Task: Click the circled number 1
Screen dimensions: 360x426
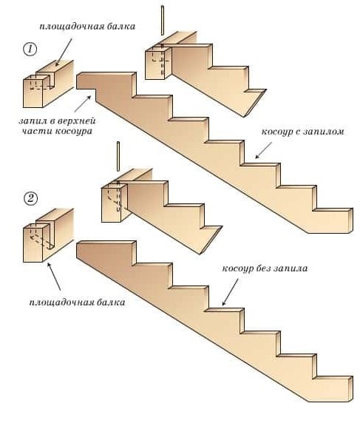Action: [x=30, y=50]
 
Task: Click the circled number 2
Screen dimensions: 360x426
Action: [x=30, y=199]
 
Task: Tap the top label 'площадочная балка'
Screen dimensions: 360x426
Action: [x=87, y=27]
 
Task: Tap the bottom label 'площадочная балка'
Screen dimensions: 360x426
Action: [x=77, y=302]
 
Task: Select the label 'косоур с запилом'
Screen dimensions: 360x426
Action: [x=303, y=132]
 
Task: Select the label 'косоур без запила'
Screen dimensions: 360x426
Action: [x=265, y=268]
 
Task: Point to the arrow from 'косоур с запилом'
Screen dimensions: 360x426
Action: [x=263, y=150]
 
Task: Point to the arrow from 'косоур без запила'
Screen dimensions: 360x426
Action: [x=230, y=292]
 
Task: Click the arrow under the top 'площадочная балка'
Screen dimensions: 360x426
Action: [x=64, y=52]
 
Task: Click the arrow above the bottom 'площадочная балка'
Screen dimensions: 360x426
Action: [x=54, y=277]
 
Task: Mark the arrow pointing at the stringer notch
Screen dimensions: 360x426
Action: [x=83, y=104]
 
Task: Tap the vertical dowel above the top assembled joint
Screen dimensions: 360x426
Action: [x=163, y=20]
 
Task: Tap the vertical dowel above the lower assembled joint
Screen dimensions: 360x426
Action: [x=118, y=156]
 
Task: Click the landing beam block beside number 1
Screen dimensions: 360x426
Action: [x=48, y=84]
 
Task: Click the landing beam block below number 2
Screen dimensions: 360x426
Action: [x=48, y=235]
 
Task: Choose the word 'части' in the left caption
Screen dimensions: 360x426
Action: [x=37, y=132]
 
